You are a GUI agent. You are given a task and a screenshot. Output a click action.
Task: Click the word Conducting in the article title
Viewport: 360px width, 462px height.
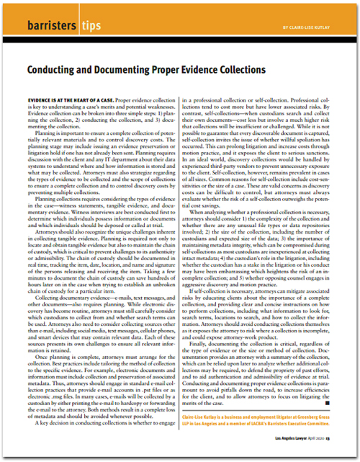click(57, 70)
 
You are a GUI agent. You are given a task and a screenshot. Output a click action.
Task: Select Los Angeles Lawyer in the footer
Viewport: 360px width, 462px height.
click(295, 445)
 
